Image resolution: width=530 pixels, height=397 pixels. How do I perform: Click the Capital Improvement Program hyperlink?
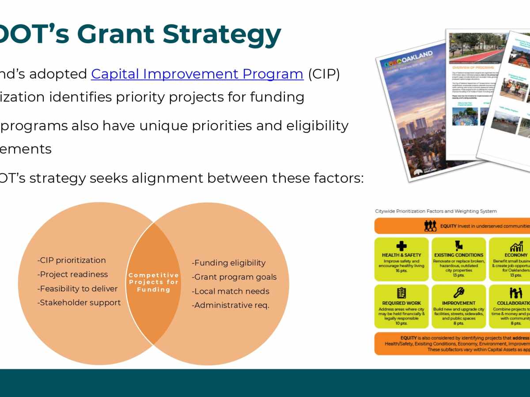click(197, 74)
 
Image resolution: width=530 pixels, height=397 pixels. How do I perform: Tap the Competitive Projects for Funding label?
click(154, 282)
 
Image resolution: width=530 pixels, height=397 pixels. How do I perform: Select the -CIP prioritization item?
click(72, 260)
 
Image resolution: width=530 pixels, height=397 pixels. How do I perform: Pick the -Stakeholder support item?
click(79, 303)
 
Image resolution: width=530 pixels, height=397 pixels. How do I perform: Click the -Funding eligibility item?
click(228, 263)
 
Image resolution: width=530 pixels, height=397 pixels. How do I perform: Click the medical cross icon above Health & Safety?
click(401, 246)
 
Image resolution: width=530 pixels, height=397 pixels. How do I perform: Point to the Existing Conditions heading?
click(458, 255)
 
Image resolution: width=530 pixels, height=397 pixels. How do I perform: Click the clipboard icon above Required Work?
click(401, 293)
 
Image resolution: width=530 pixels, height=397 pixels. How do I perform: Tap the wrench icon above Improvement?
click(458, 293)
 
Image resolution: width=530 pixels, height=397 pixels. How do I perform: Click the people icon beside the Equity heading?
click(430, 226)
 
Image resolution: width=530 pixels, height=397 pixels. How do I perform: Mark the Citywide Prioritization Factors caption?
click(435, 211)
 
